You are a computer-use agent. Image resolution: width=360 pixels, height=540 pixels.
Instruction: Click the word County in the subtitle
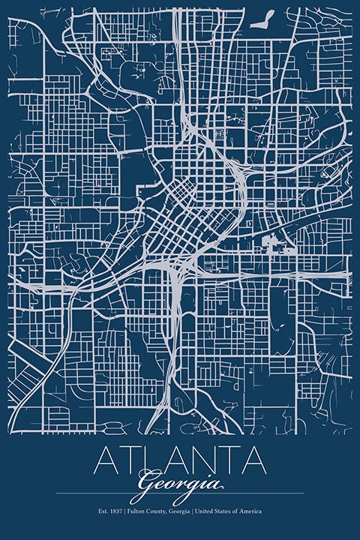[x=160, y=511]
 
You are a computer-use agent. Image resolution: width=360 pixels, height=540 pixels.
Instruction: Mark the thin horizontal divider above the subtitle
[x=180, y=493]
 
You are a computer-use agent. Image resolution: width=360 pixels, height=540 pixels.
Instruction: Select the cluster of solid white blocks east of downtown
[x=273, y=244]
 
